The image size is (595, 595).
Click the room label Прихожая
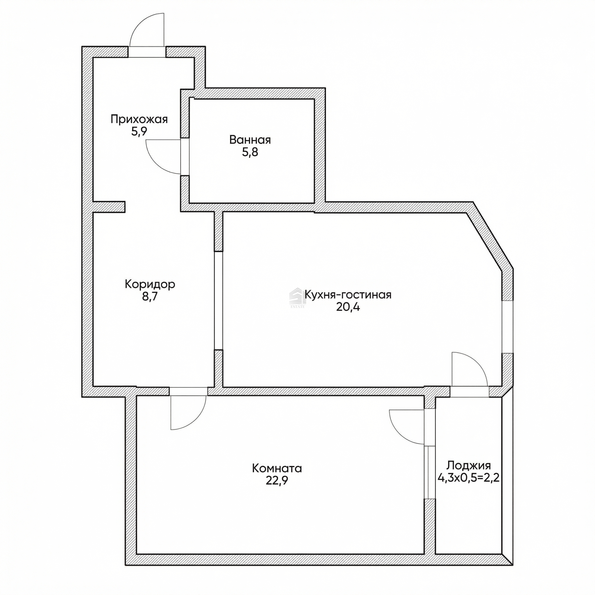[x=139, y=119]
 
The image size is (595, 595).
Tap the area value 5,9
[x=139, y=132]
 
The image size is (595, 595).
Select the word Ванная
[x=250, y=140]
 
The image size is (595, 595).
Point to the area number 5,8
[x=250, y=152]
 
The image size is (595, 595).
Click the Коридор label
[x=150, y=284]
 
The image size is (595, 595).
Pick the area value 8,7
[x=150, y=297]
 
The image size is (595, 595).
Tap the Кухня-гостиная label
[x=348, y=295]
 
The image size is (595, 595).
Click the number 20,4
[x=348, y=307]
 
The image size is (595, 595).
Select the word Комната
[x=277, y=468]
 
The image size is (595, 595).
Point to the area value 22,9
[x=277, y=481]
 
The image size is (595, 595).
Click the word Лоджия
[x=469, y=465]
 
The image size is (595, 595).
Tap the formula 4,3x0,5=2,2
[x=469, y=478]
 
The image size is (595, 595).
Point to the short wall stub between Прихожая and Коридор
[x=109, y=207]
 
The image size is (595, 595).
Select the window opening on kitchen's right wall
[x=508, y=327]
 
